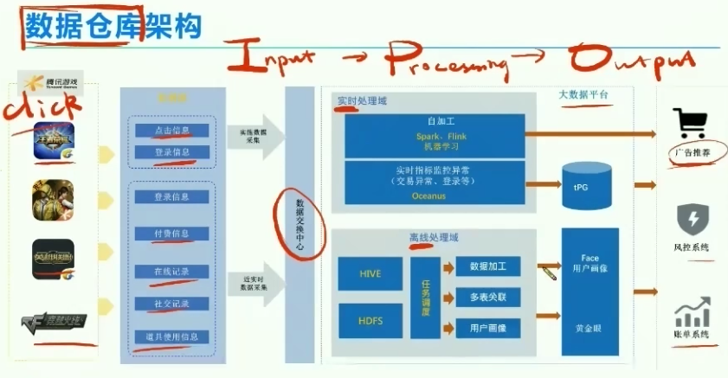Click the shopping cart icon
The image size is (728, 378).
(x=691, y=125)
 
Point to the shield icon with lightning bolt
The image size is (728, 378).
(x=691, y=218)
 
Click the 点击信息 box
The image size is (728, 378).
(x=171, y=131)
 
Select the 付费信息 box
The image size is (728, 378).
(x=171, y=234)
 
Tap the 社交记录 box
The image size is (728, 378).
(x=171, y=304)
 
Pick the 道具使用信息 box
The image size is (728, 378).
(x=171, y=336)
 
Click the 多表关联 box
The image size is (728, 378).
(x=488, y=297)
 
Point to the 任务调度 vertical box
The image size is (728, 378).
(x=426, y=297)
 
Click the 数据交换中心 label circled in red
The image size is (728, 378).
(x=300, y=225)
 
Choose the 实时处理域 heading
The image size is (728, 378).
(x=362, y=101)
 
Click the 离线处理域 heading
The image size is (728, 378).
(x=433, y=237)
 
